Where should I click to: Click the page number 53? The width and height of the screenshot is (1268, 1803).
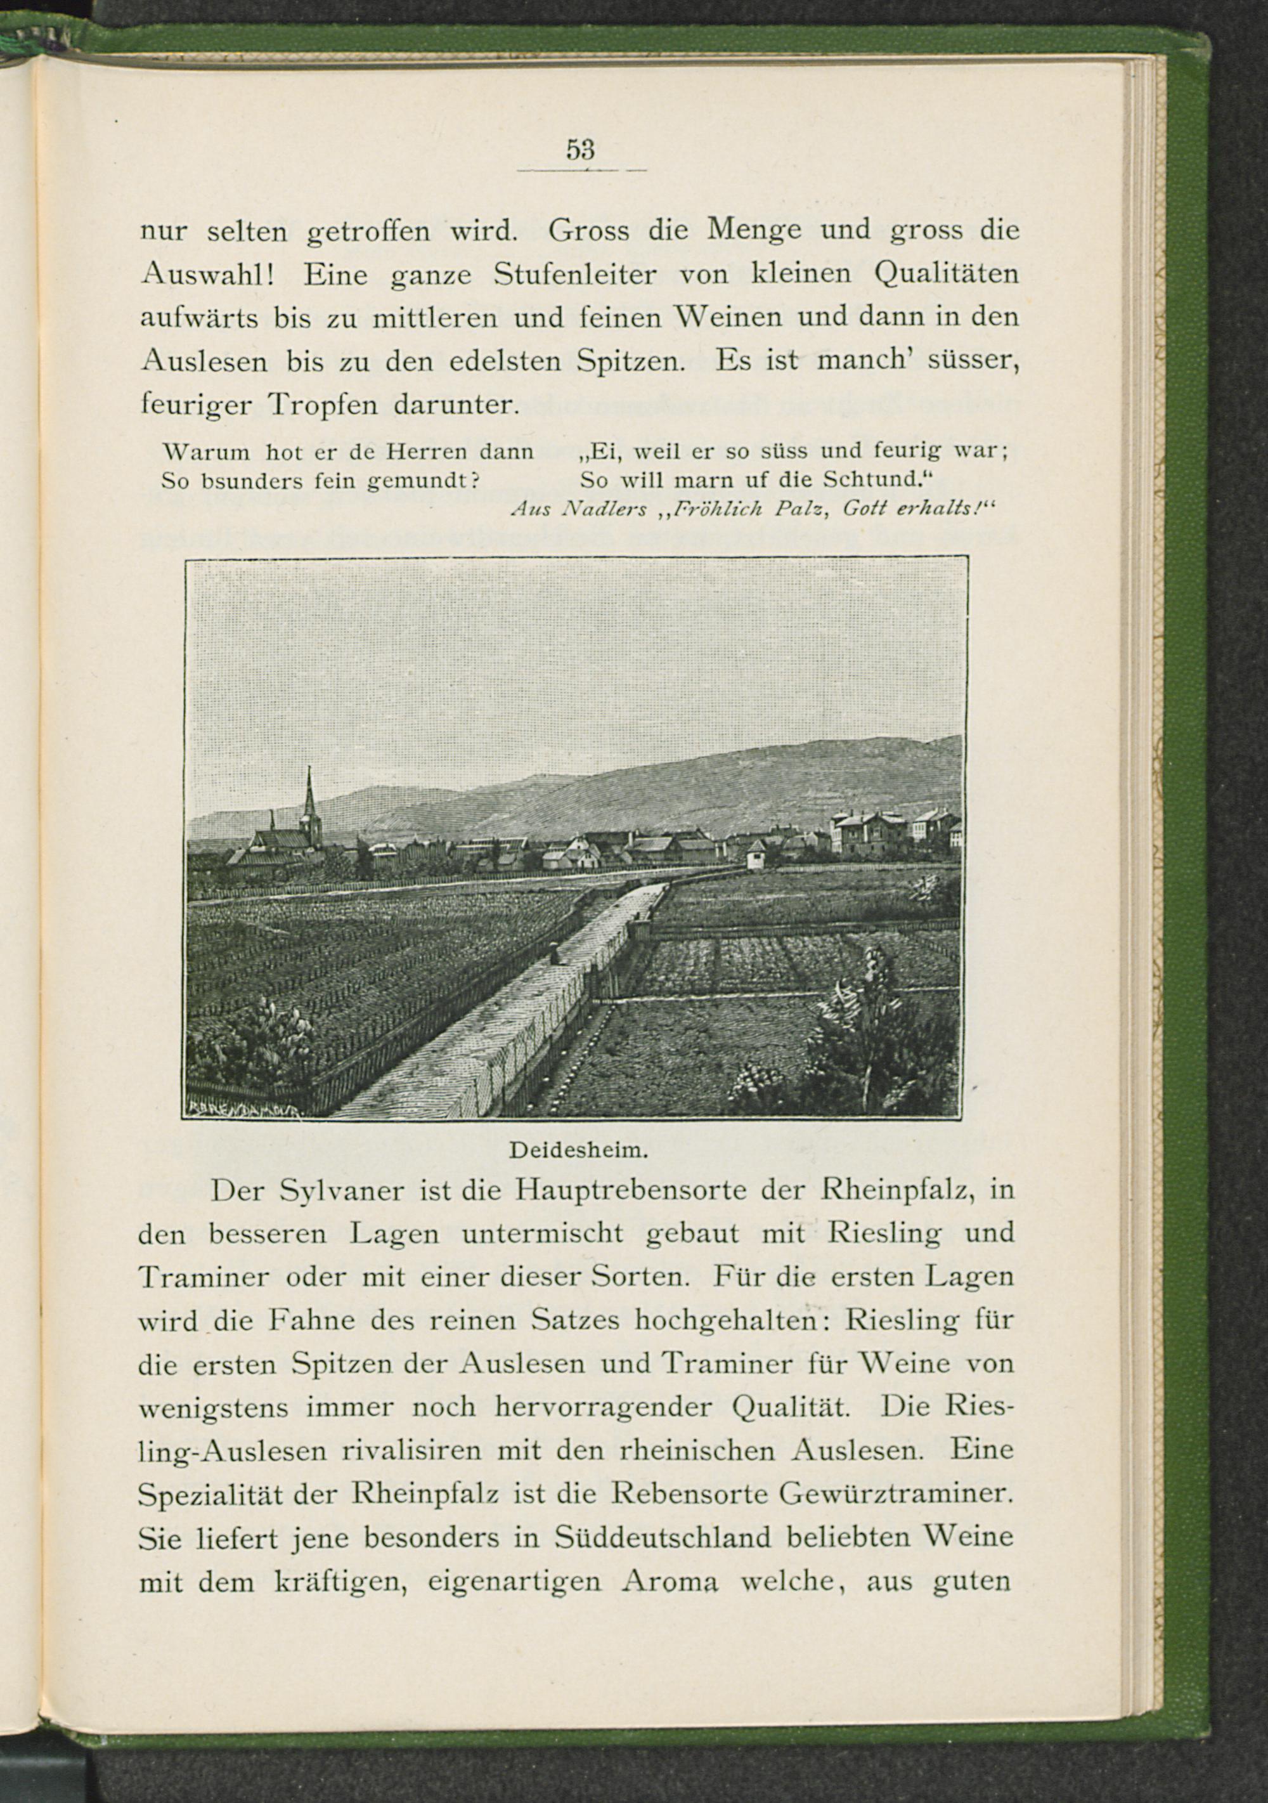click(x=580, y=149)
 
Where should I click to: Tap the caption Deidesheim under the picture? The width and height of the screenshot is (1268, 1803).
click(x=577, y=1151)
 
